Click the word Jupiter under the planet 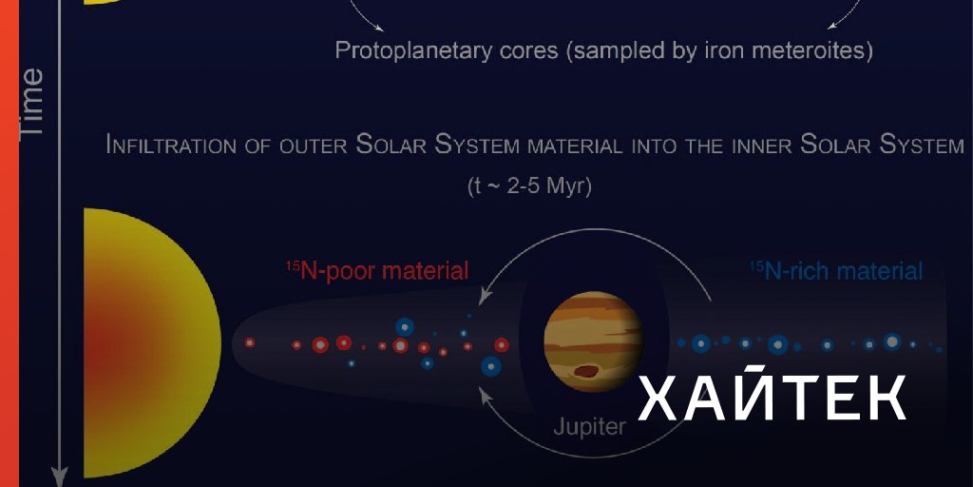point(589,427)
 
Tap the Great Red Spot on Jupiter point(586,372)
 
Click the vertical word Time point(31,103)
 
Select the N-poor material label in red point(377,271)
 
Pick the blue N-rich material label point(836,271)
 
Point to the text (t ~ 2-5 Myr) point(529,186)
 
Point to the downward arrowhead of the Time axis point(59,477)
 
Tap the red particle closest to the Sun point(250,342)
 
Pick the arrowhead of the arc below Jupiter point(485,394)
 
